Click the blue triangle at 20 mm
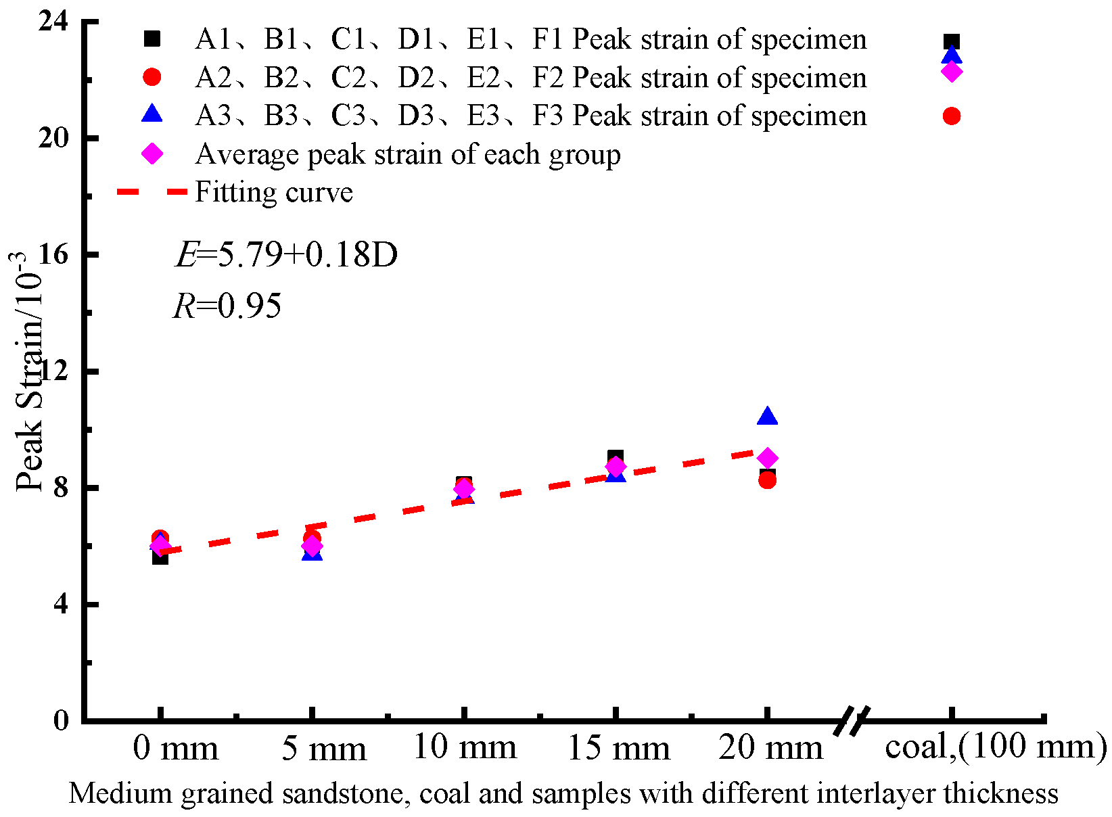[767, 417]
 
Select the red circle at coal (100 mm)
[951, 116]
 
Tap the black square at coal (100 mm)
[952, 42]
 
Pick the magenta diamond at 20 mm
[767, 459]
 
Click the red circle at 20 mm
[767, 480]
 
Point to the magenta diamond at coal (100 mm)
[952, 71]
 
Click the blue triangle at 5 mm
[312, 553]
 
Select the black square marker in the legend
[153, 39]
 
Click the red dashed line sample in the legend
[152, 192]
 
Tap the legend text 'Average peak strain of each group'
[408, 154]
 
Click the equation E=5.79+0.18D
[286, 255]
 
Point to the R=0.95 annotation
[227, 306]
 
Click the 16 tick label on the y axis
[55, 255]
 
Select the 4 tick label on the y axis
[62, 604]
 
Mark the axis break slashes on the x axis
[850, 721]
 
